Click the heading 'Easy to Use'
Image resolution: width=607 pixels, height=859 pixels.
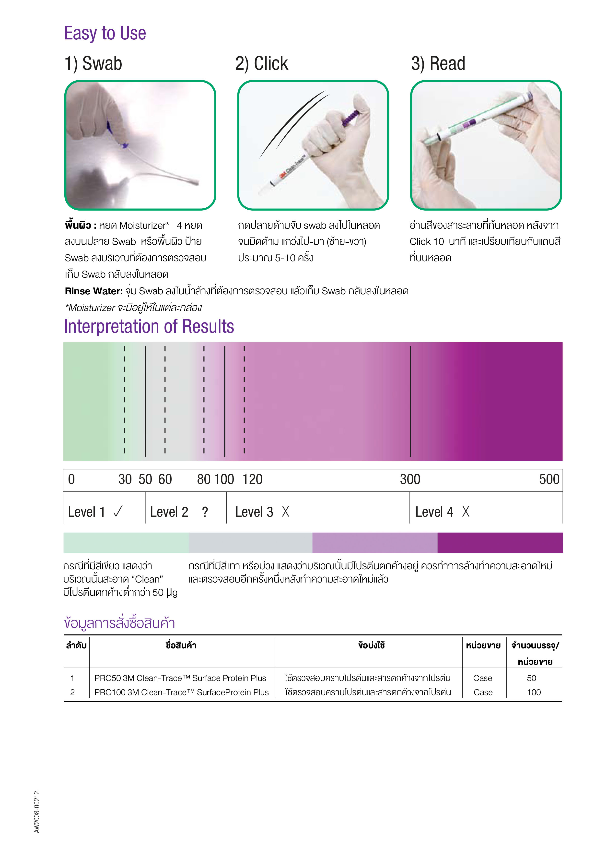(x=105, y=33)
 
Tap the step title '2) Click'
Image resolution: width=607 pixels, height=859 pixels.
(x=261, y=64)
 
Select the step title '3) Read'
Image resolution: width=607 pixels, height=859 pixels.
(x=438, y=64)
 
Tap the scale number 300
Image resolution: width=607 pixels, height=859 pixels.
(x=410, y=479)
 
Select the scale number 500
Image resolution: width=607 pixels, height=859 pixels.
(x=549, y=479)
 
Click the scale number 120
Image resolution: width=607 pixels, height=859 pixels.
(x=252, y=479)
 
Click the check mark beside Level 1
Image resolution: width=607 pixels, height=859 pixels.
(x=118, y=512)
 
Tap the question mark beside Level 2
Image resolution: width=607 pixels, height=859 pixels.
(x=205, y=512)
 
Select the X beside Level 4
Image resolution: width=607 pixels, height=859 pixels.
(x=465, y=512)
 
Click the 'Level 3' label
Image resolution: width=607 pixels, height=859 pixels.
(x=254, y=512)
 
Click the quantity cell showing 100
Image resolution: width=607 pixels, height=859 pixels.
(x=534, y=692)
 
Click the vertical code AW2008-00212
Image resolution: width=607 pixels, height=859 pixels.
(x=37, y=811)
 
